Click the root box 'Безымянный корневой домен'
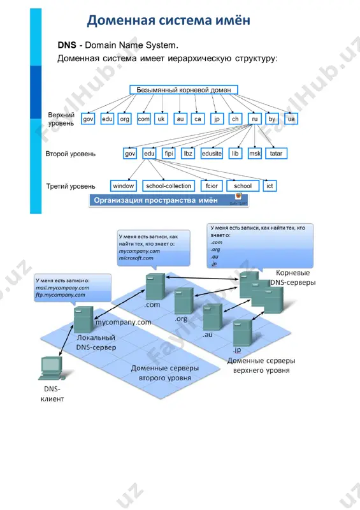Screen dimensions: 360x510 (x=184, y=90)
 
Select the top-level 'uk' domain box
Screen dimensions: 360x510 (x=161, y=119)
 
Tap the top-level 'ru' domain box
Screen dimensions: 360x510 (x=255, y=119)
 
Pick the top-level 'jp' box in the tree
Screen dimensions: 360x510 (x=217, y=119)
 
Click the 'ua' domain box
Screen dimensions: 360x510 (x=291, y=119)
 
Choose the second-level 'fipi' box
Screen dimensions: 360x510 (x=169, y=154)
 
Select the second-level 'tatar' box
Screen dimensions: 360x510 (x=276, y=154)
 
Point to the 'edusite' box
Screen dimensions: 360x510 (x=212, y=154)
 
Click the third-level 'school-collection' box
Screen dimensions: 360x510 (x=168, y=186)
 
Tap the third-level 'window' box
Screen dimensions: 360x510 (x=123, y=186)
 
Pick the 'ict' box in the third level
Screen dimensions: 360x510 (x=270, y=186)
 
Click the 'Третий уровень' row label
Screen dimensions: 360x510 (x=71, y=186)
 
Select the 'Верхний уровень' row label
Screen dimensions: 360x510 (x=61, y=119)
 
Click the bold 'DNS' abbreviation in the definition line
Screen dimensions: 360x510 (x=67, y=45)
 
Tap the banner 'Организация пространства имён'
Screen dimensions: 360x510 (x=168, y=200)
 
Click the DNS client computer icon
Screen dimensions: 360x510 (x=52, y=368)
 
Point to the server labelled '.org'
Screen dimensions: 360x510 (x=184, y=300)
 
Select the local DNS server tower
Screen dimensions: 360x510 (x=83, y=319)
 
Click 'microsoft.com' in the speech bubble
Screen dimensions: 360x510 (x=136, y=258)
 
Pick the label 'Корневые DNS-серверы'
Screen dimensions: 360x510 (x=292, y=278)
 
